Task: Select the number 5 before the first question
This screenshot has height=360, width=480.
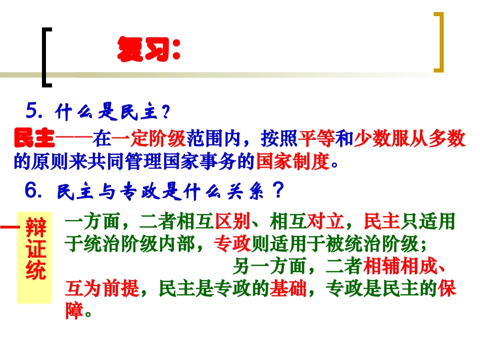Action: tap(32, 111)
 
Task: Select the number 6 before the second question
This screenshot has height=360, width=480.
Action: tap(32, 190)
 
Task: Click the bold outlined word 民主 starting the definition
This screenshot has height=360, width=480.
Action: tap(34, 138)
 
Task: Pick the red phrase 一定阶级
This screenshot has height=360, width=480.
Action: tap(149, 139)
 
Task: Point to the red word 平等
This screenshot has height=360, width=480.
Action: tap(316, 139)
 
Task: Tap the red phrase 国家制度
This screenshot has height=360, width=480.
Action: tap(293, 163)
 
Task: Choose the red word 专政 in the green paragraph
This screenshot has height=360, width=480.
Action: tap(232, 244)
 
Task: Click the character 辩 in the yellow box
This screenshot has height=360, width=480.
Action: tap(35, 229)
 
